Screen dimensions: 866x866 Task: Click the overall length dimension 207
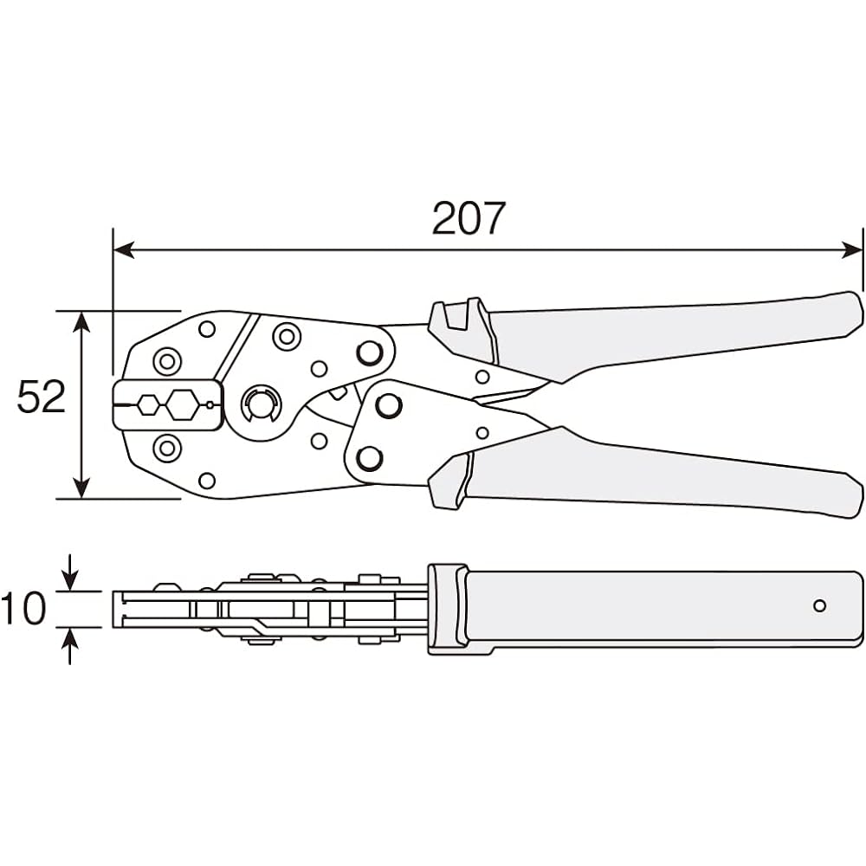click(468, 218)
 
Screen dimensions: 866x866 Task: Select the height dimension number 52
click(42, 397)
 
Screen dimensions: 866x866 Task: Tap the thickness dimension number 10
click(23, 609)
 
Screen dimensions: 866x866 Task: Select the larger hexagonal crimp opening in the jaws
click(183, 404)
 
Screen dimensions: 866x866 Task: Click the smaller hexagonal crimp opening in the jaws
click(149, 404)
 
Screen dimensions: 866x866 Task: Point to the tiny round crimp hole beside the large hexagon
click(209, 404)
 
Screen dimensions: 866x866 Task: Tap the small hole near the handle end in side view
click(819, 605)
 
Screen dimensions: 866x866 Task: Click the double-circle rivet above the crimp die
click(166, 360)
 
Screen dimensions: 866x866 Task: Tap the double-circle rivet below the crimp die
click(166, 449)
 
